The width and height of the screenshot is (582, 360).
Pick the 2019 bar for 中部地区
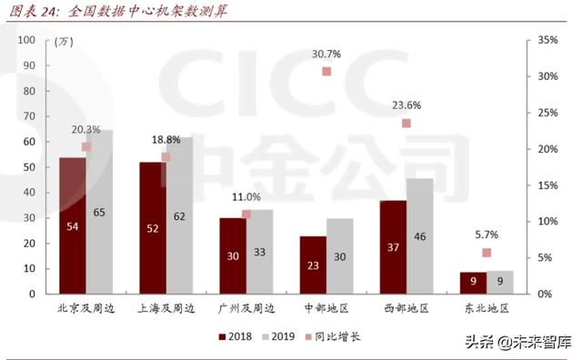click(340, 255)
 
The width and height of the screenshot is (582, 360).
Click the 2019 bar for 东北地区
click(500, 282)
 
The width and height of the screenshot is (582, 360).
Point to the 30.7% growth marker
click(326, 72)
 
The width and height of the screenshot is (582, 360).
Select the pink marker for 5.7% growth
click(487, 253)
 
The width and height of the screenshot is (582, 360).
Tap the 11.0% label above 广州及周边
click(246, 196)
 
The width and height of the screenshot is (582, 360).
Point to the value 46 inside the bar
click(419, 236)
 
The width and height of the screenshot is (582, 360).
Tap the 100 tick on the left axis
click(25, 40)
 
